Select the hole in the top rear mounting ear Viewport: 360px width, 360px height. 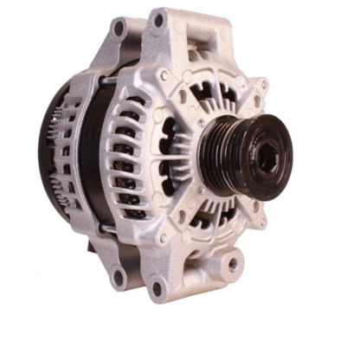(x=119, y=29)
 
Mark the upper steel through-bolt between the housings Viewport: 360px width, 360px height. (x=106, y=82)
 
